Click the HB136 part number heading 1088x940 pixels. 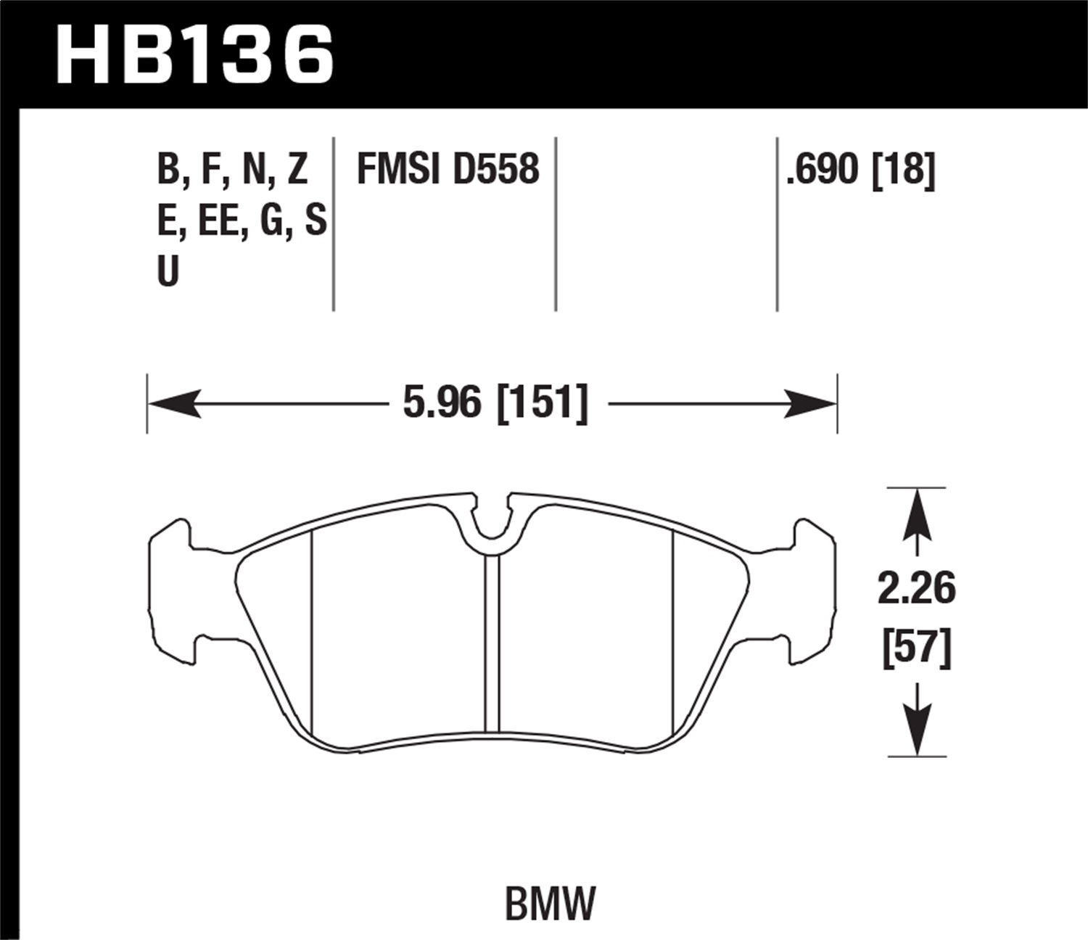coord(194,54)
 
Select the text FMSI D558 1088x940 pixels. coord(448,169)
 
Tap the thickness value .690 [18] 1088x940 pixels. coord(861,169)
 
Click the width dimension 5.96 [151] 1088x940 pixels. coord(495,403)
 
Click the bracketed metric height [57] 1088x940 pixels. coord(916,648)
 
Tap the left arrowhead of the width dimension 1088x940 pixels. coord(174,403)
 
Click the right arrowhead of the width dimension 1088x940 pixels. coord(810,403)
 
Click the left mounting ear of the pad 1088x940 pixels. coord(172,591)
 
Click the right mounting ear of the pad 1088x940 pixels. coord(812,591)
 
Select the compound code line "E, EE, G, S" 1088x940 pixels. coord(242,220)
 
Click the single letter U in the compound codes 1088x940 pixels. coord(168,272)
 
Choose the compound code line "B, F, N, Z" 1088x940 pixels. coord(232,169)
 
